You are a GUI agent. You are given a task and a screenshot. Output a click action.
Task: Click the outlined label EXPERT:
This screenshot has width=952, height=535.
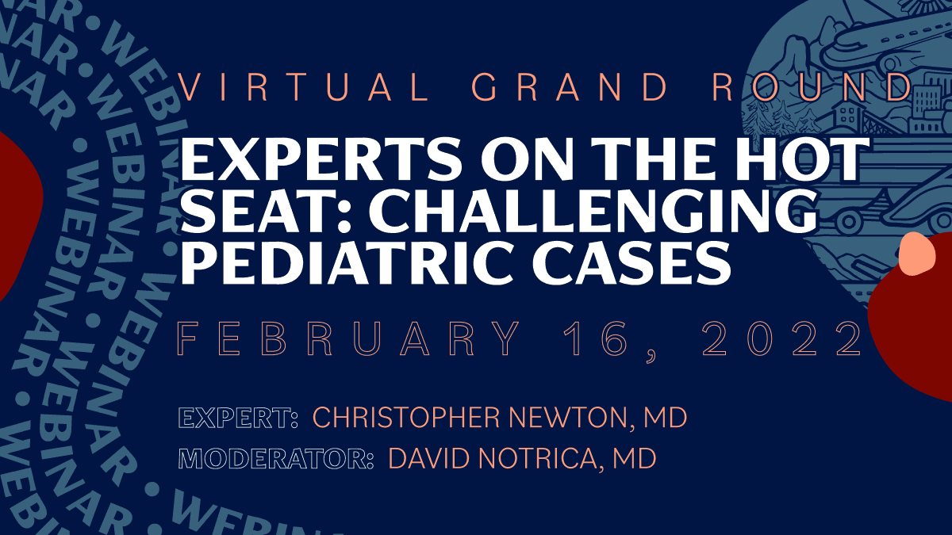(x=238, y=418)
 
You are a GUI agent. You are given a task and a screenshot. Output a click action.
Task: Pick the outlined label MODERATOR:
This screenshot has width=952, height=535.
(x=277, y=459)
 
